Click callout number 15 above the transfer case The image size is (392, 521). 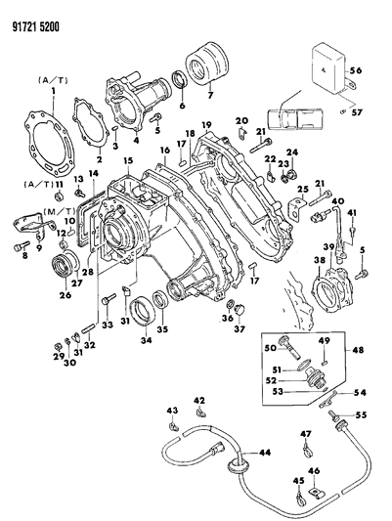point(128,160)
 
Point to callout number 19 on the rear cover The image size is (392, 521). point(207,125)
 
